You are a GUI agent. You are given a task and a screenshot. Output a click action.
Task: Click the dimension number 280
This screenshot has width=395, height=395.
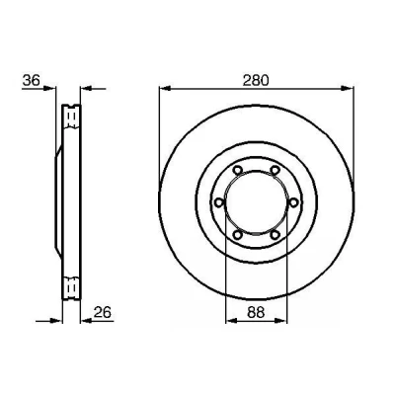click(256, 80)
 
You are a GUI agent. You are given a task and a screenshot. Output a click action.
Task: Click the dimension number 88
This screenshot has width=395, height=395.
click(256, 312)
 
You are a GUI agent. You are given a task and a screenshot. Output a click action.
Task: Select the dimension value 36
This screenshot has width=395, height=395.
click(32, 80)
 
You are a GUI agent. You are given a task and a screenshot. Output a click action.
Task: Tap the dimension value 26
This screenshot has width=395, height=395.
click(103, 312)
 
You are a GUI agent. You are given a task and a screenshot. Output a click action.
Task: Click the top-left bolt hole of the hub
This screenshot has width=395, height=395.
click(237, 170)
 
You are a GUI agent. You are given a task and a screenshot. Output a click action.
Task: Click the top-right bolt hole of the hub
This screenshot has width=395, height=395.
click(275, 170)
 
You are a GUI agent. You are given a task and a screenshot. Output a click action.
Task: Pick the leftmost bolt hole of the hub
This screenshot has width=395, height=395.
click(218, 202)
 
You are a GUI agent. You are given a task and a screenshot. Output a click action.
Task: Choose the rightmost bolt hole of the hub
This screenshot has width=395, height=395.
click(293, 202)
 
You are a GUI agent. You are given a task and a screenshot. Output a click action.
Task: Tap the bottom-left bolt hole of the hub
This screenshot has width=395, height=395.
click(237, 235)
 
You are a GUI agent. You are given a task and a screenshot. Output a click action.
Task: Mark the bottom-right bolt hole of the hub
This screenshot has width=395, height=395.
click(275, 235)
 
